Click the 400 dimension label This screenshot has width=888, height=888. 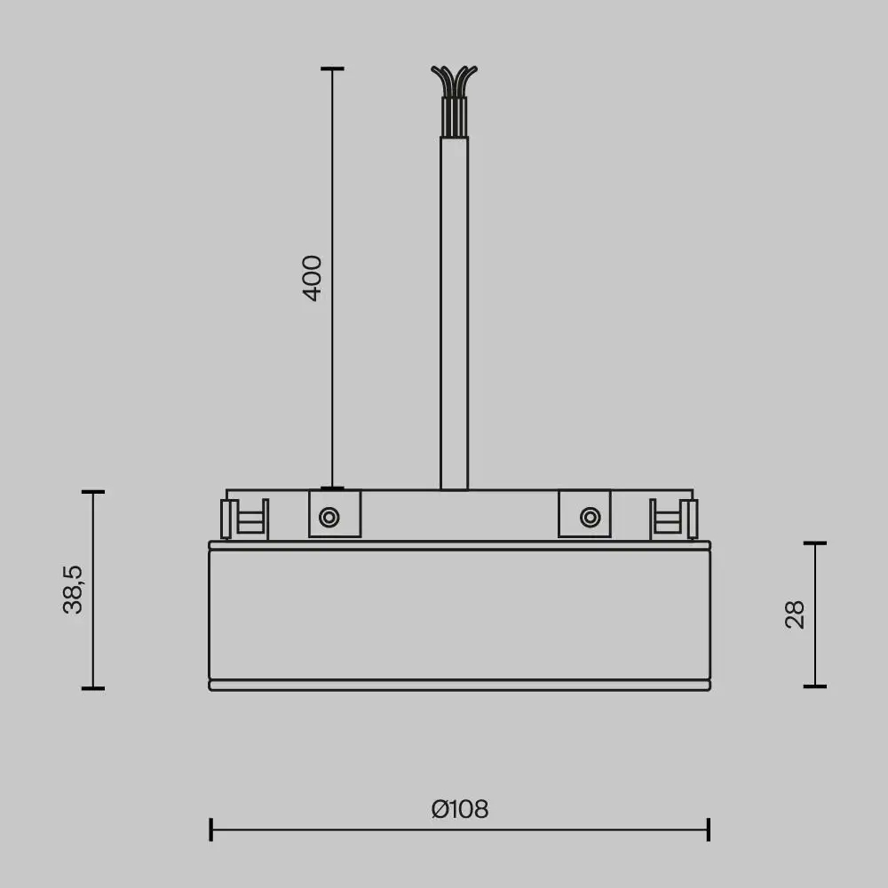(x=313, y=278)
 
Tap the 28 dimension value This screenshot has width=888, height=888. (x=795, y=614)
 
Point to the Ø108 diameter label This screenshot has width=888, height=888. (x=459, y=809)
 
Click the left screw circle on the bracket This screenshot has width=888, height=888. (x=329, y=517)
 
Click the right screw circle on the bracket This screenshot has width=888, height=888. (x=589, y=517)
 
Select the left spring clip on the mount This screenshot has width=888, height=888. (x=244, y=519)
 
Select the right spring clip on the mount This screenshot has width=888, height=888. (x=674, y=519)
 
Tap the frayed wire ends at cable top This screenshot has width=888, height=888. (x=454, y=81)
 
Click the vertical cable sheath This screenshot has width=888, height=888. (x=454, y=311)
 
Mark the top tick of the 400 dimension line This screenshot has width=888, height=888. (x=332, y=68)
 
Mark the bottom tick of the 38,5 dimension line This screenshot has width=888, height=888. (x=93, y=688)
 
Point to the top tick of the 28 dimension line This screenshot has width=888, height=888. (x=815, y=543)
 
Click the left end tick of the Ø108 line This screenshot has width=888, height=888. (x=210, y=829)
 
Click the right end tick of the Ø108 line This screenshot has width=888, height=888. (x=708, y=829)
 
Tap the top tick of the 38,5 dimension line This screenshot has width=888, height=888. (x=93, y=491)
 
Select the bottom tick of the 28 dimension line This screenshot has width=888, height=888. (x=815, y=686)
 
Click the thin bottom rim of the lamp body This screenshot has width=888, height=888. (x=459, y=686)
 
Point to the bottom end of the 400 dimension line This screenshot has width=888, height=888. (x=332, y=488)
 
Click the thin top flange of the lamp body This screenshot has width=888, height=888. (x=459, y=545)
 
